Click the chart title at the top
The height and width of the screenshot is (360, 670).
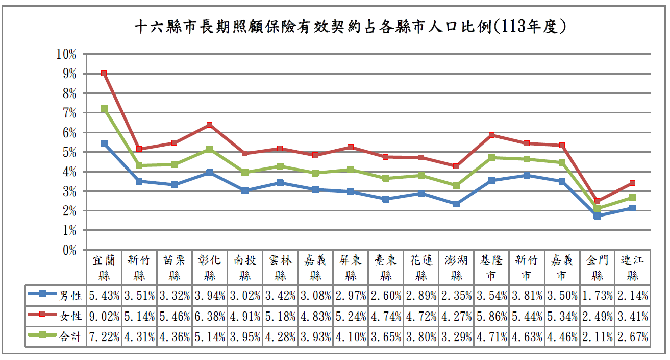tap(352, 26)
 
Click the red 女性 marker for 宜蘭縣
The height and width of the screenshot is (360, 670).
tap(104, 74)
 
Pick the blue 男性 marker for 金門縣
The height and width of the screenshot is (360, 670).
tap(597, 216)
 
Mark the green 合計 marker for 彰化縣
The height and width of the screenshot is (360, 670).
tap(210, 149)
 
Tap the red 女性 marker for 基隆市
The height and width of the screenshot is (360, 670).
tap(491, 135)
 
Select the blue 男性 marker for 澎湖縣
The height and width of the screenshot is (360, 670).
tap(456, 204)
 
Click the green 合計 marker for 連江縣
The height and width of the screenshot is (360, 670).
tap(632, 198)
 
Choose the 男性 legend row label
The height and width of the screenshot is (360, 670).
tap(71, 295)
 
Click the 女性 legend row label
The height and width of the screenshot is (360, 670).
tap(71, 316)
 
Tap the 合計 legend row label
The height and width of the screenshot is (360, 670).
tap(71, 337)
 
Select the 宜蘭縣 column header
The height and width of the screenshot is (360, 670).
tap(104, 268)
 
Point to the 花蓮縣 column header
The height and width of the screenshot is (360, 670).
tap(421, 268)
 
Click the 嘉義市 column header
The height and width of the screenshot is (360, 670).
tap(561, 268)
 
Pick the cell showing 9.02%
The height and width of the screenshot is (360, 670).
tap(104, 316)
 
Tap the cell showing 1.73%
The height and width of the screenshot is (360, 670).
tap(597, 295)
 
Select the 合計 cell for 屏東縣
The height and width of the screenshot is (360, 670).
tap(351, 337)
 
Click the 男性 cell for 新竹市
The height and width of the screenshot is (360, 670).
tap(527, 295)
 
